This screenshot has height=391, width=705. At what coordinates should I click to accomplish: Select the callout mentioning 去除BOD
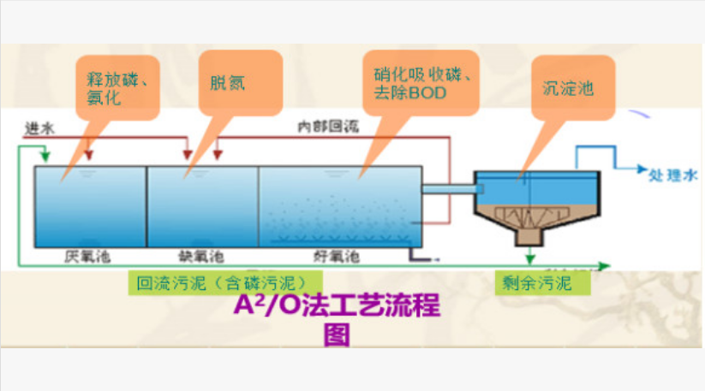(x=421, y=83)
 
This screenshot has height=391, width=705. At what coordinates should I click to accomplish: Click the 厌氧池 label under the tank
(x=88, y=256)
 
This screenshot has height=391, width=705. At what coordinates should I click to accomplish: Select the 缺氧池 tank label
(x=202, y=256)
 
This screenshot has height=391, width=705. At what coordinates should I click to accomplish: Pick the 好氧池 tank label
(x=337, y=256)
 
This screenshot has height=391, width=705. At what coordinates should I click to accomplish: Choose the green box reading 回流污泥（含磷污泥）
(x=217, y=281)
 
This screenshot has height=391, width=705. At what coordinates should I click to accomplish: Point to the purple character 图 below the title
(x=337, y=335)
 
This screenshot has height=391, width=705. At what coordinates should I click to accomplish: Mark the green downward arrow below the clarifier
(x=531, y=255)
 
